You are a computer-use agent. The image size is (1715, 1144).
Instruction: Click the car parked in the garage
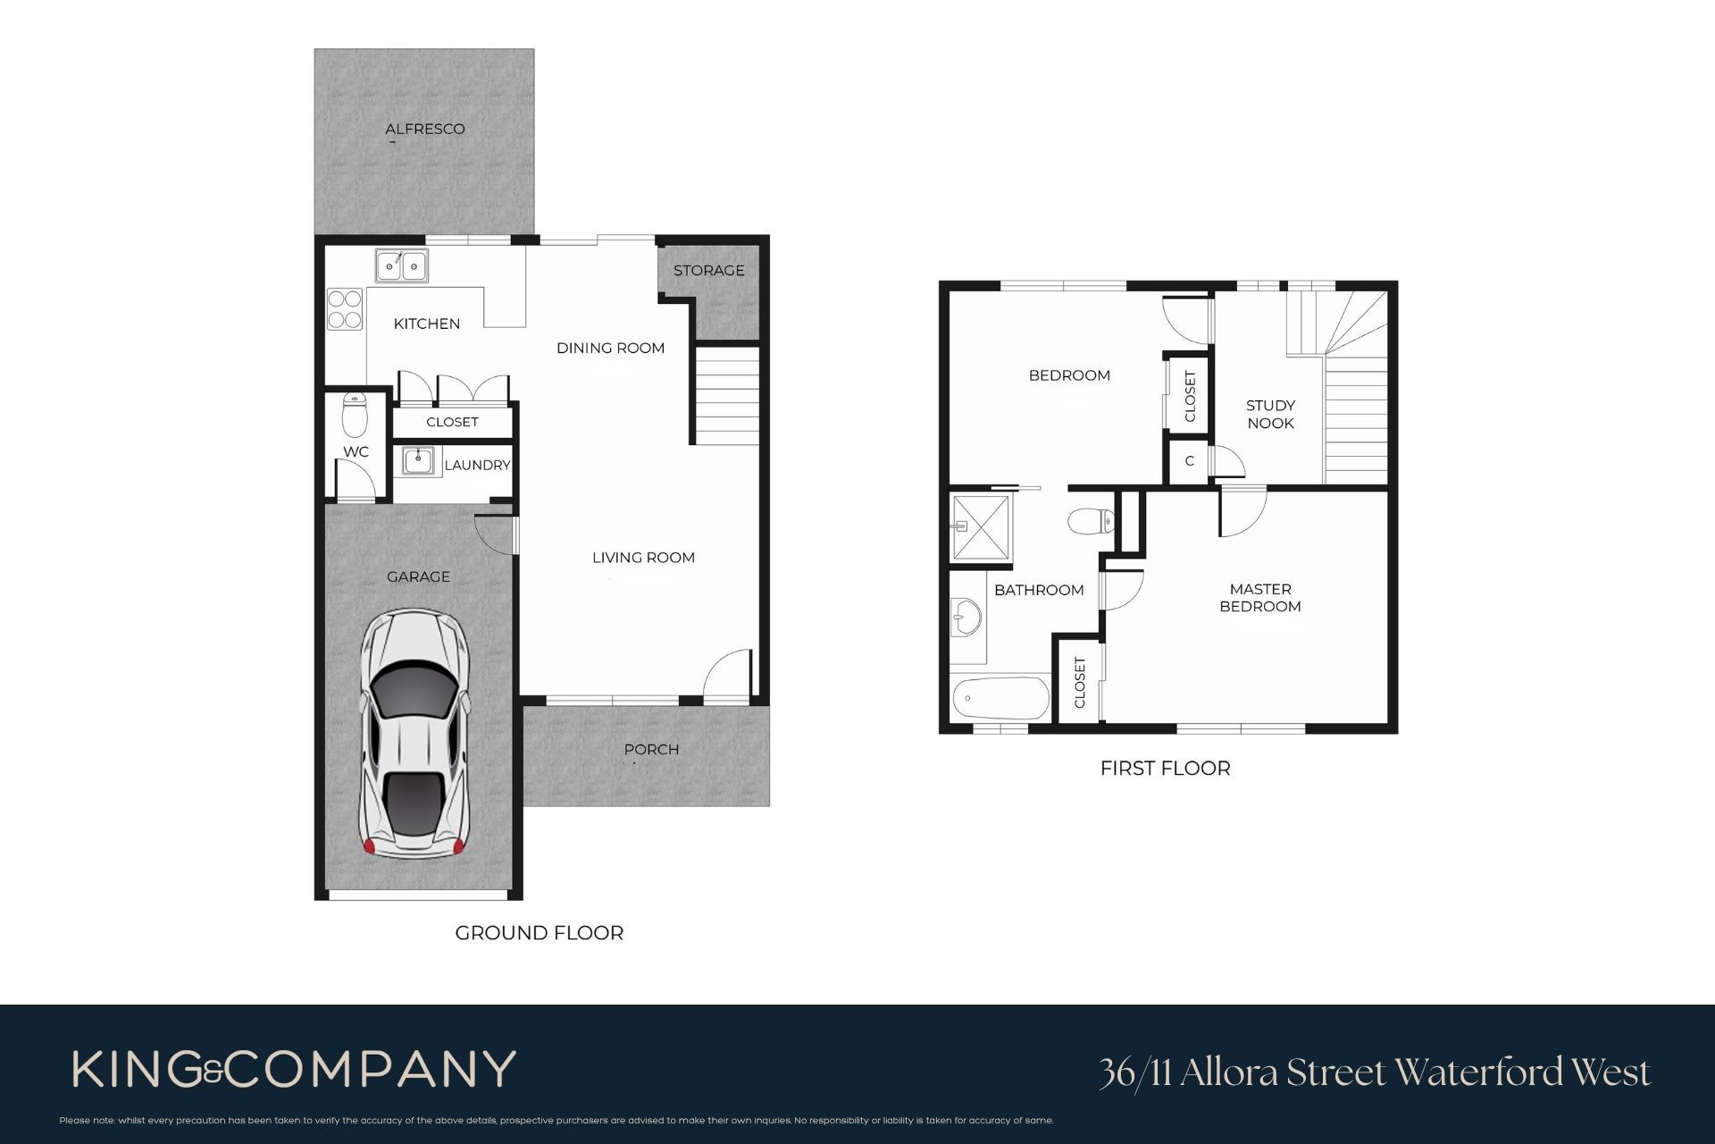click(413, 735)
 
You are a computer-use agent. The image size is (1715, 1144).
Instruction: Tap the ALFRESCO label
click(425, 129)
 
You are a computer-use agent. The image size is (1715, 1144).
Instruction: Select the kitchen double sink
click(402, 265)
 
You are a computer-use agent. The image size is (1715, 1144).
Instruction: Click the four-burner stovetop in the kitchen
click(345, 308)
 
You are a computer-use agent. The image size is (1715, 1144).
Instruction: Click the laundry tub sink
click(417, 461)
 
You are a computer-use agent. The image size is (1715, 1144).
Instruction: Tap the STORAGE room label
click(709, 270)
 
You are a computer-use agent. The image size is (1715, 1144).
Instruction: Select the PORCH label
click(651, 749)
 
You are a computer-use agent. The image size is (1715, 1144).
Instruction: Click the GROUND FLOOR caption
click(540, 933)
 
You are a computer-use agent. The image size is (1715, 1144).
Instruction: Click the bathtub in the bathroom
click(1000, 698)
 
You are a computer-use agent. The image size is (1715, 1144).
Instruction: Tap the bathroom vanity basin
click(966, 617)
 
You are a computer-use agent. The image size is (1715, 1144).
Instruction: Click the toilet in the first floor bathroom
click(1091, 521)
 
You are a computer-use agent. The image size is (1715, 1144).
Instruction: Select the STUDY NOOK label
click(1270, 415)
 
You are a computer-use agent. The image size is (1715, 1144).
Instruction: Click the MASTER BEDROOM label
click(1260, 598)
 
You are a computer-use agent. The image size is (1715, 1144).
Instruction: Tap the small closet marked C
click(1190, 461)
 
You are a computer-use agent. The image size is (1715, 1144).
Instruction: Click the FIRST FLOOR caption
click(1166, 769)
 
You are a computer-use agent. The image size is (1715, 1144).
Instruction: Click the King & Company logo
click(294, 1070)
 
